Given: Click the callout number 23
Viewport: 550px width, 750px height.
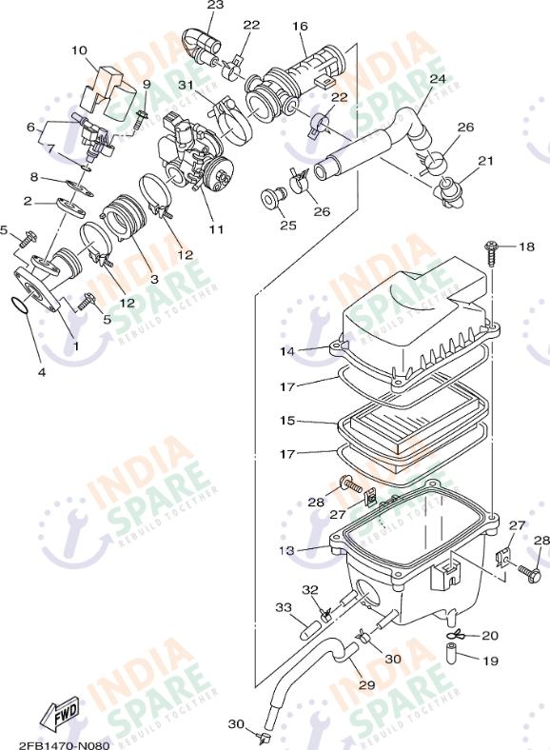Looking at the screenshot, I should [215, 6].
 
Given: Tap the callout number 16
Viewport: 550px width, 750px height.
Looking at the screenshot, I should [300, 26].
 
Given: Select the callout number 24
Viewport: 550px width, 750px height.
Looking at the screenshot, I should [437, 79].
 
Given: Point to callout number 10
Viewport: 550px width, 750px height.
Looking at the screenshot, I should [79, 50].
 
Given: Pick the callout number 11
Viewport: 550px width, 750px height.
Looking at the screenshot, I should [217, 229].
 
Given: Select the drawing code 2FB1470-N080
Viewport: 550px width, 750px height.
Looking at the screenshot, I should [64, 743].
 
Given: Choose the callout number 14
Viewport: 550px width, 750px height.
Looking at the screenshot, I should [287, 351].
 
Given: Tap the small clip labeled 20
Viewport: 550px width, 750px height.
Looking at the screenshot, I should [456, 635].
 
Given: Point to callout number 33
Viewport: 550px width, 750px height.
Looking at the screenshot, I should [283, 607].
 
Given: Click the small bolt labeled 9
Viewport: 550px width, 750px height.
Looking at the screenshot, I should [141, 118].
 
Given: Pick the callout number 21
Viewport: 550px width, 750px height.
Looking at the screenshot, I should [485, 161].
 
